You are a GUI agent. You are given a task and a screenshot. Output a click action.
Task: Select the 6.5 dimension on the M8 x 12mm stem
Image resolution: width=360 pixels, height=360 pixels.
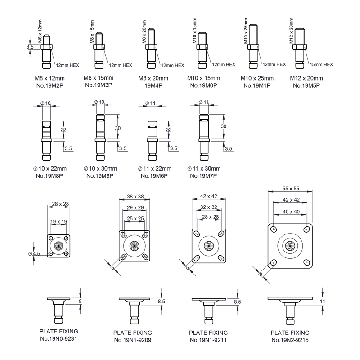30,47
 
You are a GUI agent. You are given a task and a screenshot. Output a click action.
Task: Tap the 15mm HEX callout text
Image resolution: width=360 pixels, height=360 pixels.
321,65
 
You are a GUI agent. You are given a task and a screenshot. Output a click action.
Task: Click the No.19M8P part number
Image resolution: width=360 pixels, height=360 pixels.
49,176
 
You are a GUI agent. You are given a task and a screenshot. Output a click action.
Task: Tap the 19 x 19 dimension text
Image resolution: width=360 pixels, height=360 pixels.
59,222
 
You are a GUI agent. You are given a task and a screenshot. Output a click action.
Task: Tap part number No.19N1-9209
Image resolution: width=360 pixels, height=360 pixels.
133,340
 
